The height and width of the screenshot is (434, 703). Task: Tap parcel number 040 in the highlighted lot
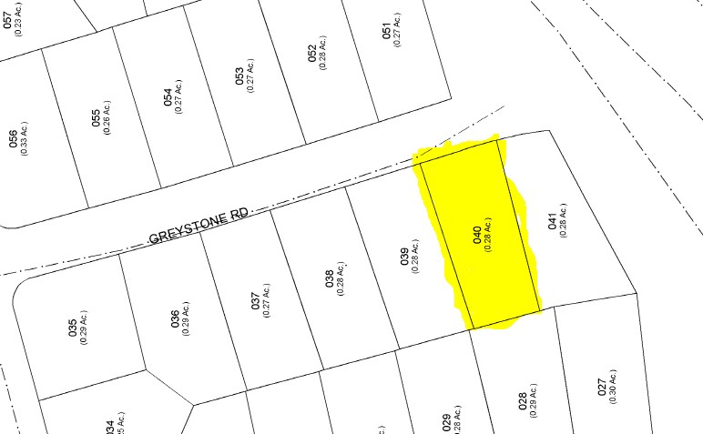(x=475, y=235)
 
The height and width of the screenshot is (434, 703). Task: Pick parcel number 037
(x=256, y=300)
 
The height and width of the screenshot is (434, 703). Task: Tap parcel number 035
(x=73, y=328)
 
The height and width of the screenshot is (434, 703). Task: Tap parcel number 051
(x=386, y=33)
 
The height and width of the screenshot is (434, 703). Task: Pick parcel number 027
(x=601, y=387)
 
